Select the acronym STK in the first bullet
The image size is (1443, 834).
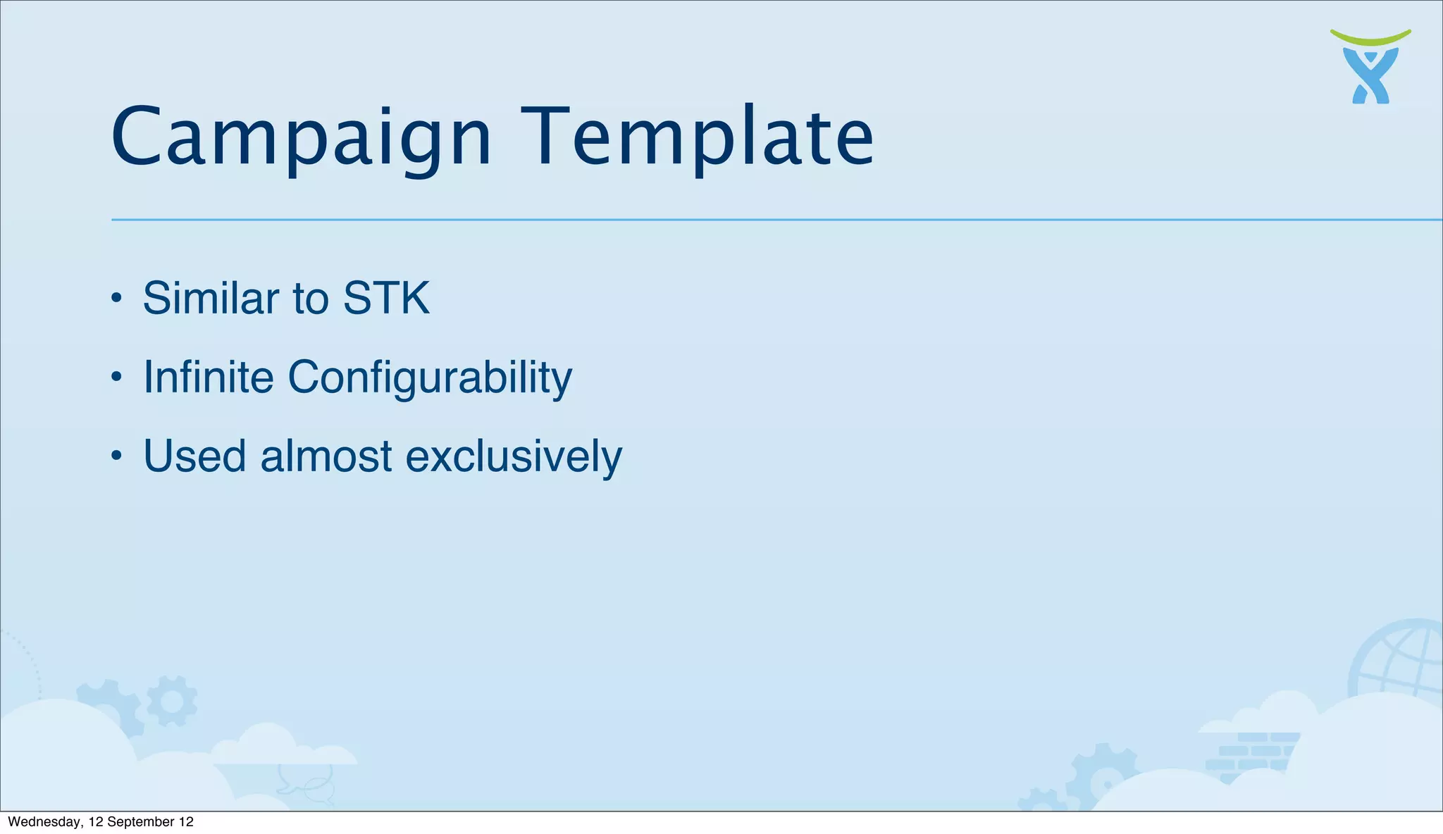pos(385,298)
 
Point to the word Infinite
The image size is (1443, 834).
pos(208,377)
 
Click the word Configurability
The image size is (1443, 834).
pos(430,378)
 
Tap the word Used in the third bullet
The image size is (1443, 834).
pos(194,456)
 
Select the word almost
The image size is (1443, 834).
pos(326,456)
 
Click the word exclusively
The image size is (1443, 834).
pos(514,456)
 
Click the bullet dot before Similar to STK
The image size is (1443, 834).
pos(117,299)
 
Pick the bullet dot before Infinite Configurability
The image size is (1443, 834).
pos(117,378)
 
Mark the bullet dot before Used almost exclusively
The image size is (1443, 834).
pos(117,456)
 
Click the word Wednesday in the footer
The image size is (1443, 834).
pos(44,822)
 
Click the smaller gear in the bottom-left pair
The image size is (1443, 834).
pos(172,701)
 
